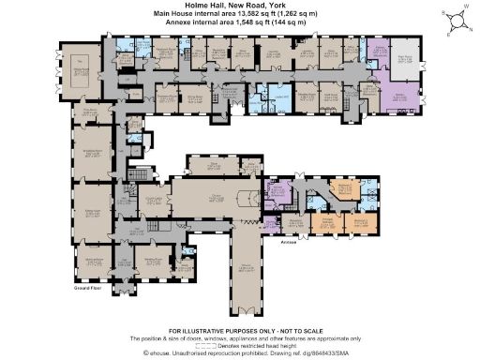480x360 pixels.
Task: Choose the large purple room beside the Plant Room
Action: pyautogui.click(x=397, y=94)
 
